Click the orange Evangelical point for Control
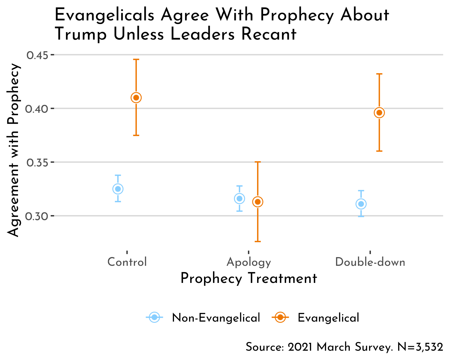point(136,97)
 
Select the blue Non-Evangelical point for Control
point(118,189)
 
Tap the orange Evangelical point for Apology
point(258,202)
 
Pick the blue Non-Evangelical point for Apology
point(239,198)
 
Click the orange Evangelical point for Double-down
point(379,113)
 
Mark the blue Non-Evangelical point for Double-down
point(361,204)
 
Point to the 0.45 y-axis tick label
point(37,55)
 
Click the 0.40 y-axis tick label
point(37,109)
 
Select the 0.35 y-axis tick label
point(37,162)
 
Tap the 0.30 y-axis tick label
point(37,216)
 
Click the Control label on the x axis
point(127,262)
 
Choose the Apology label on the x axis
point(249,262)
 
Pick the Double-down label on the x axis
point(370,262)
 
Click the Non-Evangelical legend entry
point(216,318)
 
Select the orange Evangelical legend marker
point(280,317)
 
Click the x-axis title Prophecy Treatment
point(249,278)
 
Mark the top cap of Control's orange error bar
point(136,60)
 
